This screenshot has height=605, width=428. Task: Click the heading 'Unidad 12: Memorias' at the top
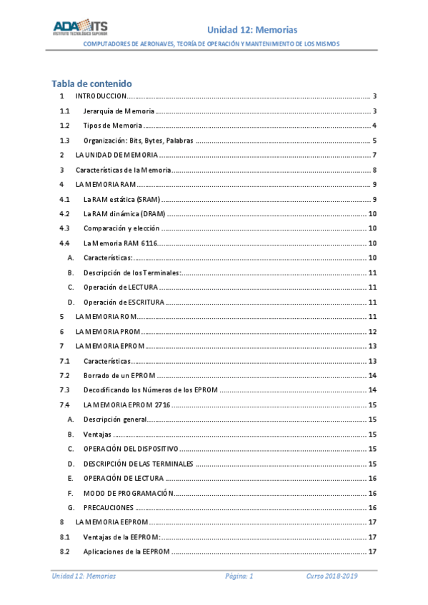(252, 29)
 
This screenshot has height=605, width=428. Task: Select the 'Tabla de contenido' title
(91, 83)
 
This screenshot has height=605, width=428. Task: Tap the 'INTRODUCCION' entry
(101, 96)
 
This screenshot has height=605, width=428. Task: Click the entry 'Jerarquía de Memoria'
(119, 111)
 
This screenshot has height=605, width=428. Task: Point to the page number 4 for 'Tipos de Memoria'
(374, 126)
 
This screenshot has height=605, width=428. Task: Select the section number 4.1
(64, 199)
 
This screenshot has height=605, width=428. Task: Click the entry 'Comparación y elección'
(121, 228)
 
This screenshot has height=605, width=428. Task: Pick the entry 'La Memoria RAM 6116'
(120, 243)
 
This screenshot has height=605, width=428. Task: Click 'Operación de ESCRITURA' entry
(124, 302)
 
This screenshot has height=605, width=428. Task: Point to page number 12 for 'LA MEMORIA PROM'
(372, 331)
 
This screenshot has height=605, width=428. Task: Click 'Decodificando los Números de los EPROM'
(150, 390)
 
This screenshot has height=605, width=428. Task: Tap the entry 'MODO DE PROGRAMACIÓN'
(129, 493)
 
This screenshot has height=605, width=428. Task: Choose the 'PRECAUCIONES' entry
(109, 507)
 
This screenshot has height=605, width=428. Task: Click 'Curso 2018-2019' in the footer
(332, 576)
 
